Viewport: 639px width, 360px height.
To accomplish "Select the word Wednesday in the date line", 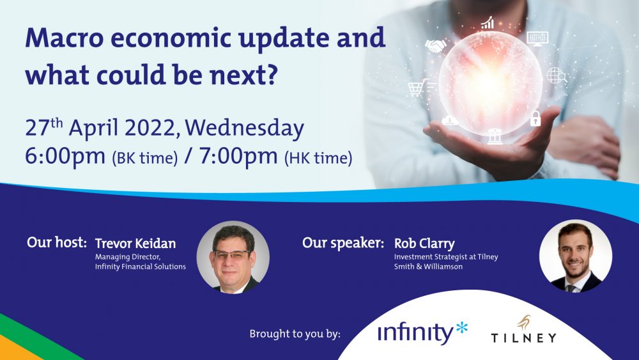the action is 245,128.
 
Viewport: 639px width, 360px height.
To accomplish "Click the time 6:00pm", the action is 65,156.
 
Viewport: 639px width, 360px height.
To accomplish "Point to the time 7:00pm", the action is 238,156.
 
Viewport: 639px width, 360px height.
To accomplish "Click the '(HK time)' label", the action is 318,158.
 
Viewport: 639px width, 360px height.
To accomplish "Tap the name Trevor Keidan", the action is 135,244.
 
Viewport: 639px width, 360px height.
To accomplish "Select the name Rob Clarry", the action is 424,244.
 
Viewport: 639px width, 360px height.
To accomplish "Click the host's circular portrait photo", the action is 233,257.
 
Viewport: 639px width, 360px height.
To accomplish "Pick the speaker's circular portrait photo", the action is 576,256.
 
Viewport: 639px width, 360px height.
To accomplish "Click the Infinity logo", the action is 422,333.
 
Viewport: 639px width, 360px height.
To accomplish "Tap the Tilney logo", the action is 524,330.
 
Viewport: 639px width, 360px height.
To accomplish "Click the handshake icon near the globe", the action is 435,45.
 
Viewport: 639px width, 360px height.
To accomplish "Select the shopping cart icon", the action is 419,87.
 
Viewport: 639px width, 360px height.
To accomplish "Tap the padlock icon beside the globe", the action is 535,118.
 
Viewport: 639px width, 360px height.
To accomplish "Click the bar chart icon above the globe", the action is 488,23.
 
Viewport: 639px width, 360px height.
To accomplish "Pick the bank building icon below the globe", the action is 495,136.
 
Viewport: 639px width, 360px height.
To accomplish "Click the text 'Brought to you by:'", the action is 295,334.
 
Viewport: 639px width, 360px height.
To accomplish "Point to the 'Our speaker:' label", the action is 343,243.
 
